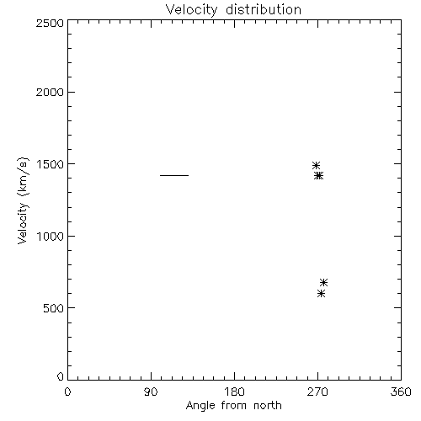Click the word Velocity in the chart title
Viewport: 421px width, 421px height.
tap(192, 10)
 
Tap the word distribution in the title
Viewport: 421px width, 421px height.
tap(264, 9)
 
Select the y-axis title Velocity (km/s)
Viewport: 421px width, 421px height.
tap(23, 200)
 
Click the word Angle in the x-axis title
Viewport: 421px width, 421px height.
tap(200, 406)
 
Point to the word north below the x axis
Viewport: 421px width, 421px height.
tap(268, 405)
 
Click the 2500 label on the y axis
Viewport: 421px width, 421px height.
tap(50, 23)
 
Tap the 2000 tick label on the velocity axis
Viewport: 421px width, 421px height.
tap(50, 92)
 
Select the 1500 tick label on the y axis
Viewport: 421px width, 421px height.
tap(51, 164)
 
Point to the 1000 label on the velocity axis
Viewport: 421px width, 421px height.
tap(51, 236)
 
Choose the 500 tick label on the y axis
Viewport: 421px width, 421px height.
tap(53, 308)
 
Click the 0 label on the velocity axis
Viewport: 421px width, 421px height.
tap(61, 376)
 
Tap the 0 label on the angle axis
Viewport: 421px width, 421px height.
tap(67, 392)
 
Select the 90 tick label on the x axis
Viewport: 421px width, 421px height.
tap(151, 392)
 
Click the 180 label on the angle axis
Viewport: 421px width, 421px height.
tap(234, 392)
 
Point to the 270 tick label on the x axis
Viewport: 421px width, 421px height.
tap(317, 392)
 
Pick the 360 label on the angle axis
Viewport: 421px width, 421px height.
tap(401, 392)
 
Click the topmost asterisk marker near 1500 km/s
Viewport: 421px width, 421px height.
tap(316, 165)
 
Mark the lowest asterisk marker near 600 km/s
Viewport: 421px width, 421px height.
tap(321, 294)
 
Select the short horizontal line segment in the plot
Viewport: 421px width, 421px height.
tap(174, 175)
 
